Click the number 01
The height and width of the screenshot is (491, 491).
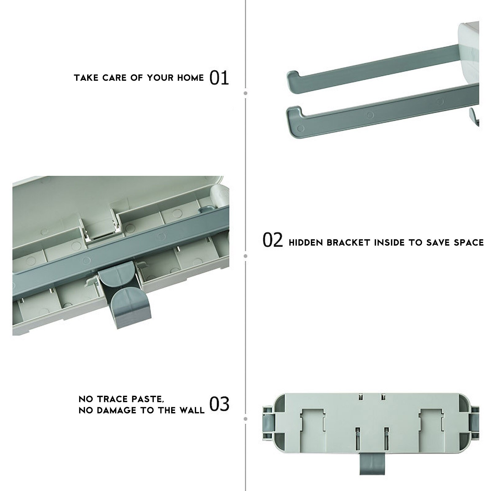pos(219,78)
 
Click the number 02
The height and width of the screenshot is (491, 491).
pos(273,240)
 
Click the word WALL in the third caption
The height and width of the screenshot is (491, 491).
pos(192,410)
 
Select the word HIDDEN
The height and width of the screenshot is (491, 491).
pos(306,243)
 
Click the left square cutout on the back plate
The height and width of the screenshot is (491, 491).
pos(313,424)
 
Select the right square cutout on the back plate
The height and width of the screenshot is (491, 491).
pos(431,424)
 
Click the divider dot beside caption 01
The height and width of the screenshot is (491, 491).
pos(245,93)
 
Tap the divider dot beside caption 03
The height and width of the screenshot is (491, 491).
pos(245,419)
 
